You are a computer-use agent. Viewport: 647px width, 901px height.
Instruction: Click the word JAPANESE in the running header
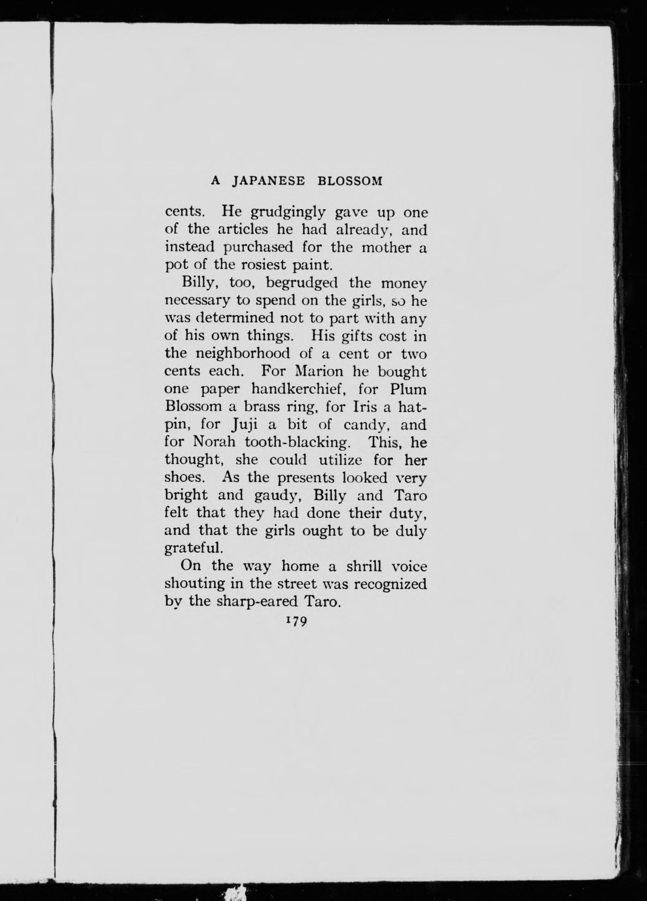[268, 182]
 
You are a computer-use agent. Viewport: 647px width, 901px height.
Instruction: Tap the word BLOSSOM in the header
[350, 182]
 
